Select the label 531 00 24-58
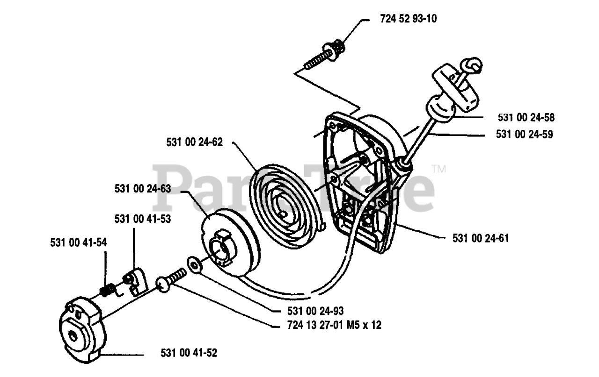(x=525, y=117)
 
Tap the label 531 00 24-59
(x=525, y=135)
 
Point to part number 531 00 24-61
(x=481, y=238)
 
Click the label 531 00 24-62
(x=194, y=142)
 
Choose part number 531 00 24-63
(x=142, y=189)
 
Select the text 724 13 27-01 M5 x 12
(x=333, y=325)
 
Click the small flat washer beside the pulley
(x=192, y=263)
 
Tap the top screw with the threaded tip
(x=325, y=55)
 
